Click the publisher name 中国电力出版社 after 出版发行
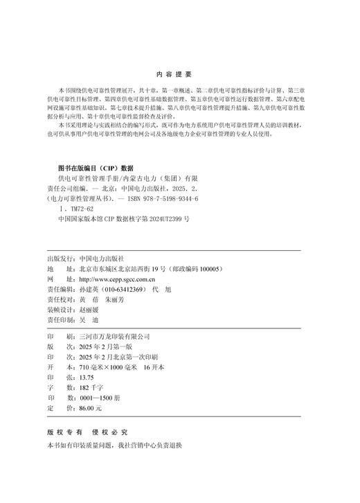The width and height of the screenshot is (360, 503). [103, 255]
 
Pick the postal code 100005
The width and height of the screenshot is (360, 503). [206, 268]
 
